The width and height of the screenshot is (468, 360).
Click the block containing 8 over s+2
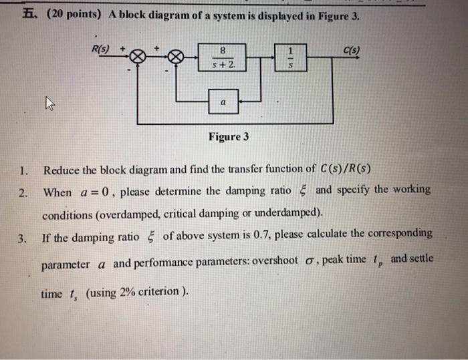click(x=221, y=57)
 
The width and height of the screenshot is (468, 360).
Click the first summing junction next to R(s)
click(x=138, y=58)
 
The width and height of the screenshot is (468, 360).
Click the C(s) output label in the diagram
click(x=350, y=47)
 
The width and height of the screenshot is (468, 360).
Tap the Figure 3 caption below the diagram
click(x=229, y=137)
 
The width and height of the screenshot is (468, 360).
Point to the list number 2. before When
click(x=23, y=193)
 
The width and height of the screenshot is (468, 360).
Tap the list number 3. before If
click(x=23, y=235)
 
